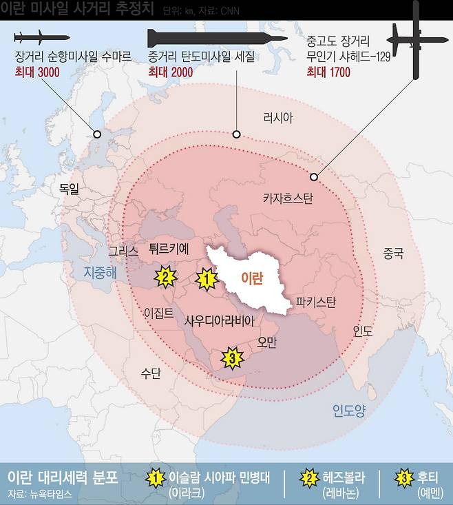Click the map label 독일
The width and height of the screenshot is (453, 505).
coord(70,187)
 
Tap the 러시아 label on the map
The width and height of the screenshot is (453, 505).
coord(277,118)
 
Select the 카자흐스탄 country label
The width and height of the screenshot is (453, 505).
coord(288,199)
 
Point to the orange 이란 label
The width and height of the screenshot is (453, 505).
coord(252,277)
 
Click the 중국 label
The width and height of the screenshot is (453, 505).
coord(393,254)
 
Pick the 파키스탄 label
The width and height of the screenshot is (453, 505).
coord(315,302)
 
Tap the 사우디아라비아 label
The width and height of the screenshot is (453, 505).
coord(220,320)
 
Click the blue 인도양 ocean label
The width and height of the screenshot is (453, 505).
coord(349,411)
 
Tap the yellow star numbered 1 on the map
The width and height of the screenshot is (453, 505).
coord(205,279)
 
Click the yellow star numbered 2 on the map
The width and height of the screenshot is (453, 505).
coord(164,277)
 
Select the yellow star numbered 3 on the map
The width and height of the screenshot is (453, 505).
coord(232,358)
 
